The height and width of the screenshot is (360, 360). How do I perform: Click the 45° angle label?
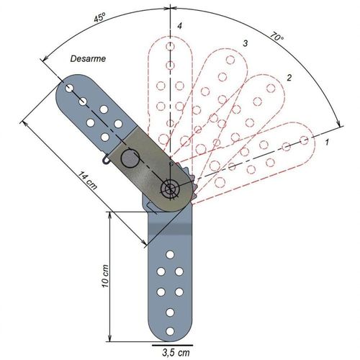pos(99,18)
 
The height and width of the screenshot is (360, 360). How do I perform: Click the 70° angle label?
pos(276,37)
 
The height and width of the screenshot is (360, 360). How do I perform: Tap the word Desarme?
pos(88,59)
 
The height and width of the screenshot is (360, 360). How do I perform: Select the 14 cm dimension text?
pos(87,181)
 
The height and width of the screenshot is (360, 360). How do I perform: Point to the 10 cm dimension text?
pos(105,276)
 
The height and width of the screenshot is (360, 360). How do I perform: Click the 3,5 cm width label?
pos(176,353)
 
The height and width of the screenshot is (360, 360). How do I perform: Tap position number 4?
pos(179,26)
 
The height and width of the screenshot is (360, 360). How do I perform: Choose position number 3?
pos(245,43)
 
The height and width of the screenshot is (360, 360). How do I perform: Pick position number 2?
pos(289,78)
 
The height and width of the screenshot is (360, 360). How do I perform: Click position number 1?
pos(327,142)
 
